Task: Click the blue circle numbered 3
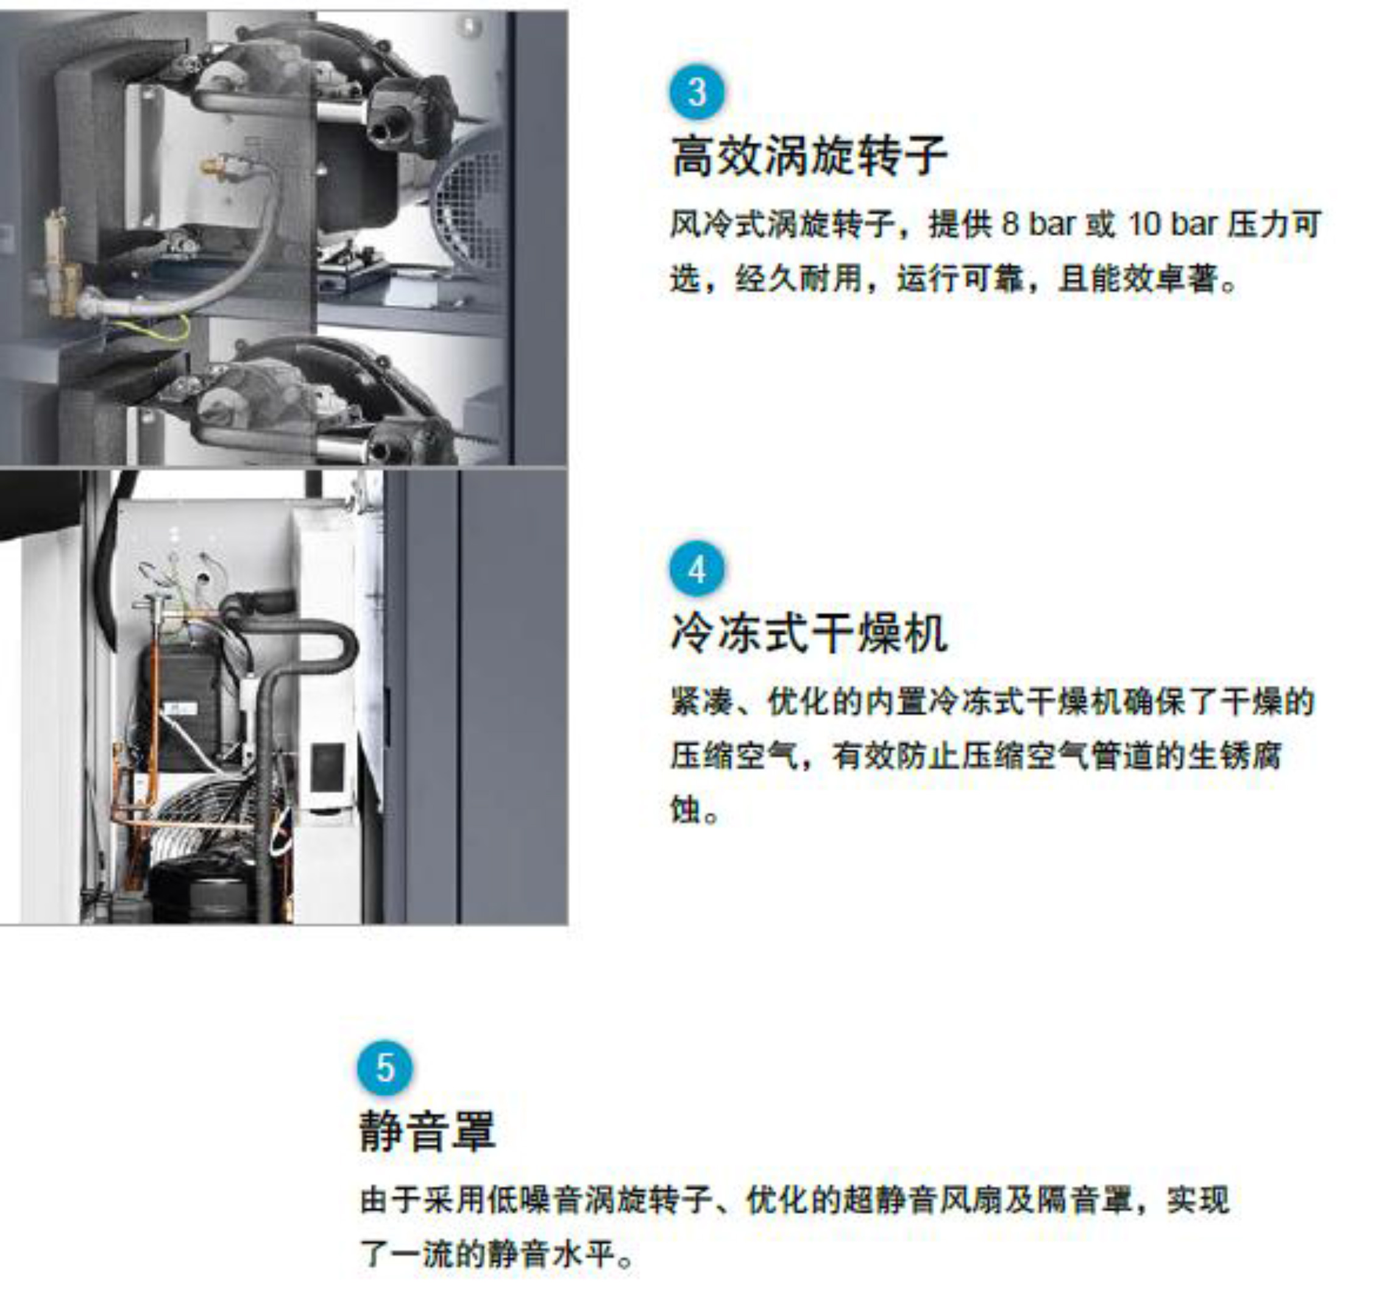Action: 697,91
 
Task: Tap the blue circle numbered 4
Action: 697,569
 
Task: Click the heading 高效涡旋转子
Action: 809,155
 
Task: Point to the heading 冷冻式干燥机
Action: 809,633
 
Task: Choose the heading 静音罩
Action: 427,1131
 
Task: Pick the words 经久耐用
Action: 799,279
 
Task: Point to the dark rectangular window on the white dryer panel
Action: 327,768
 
